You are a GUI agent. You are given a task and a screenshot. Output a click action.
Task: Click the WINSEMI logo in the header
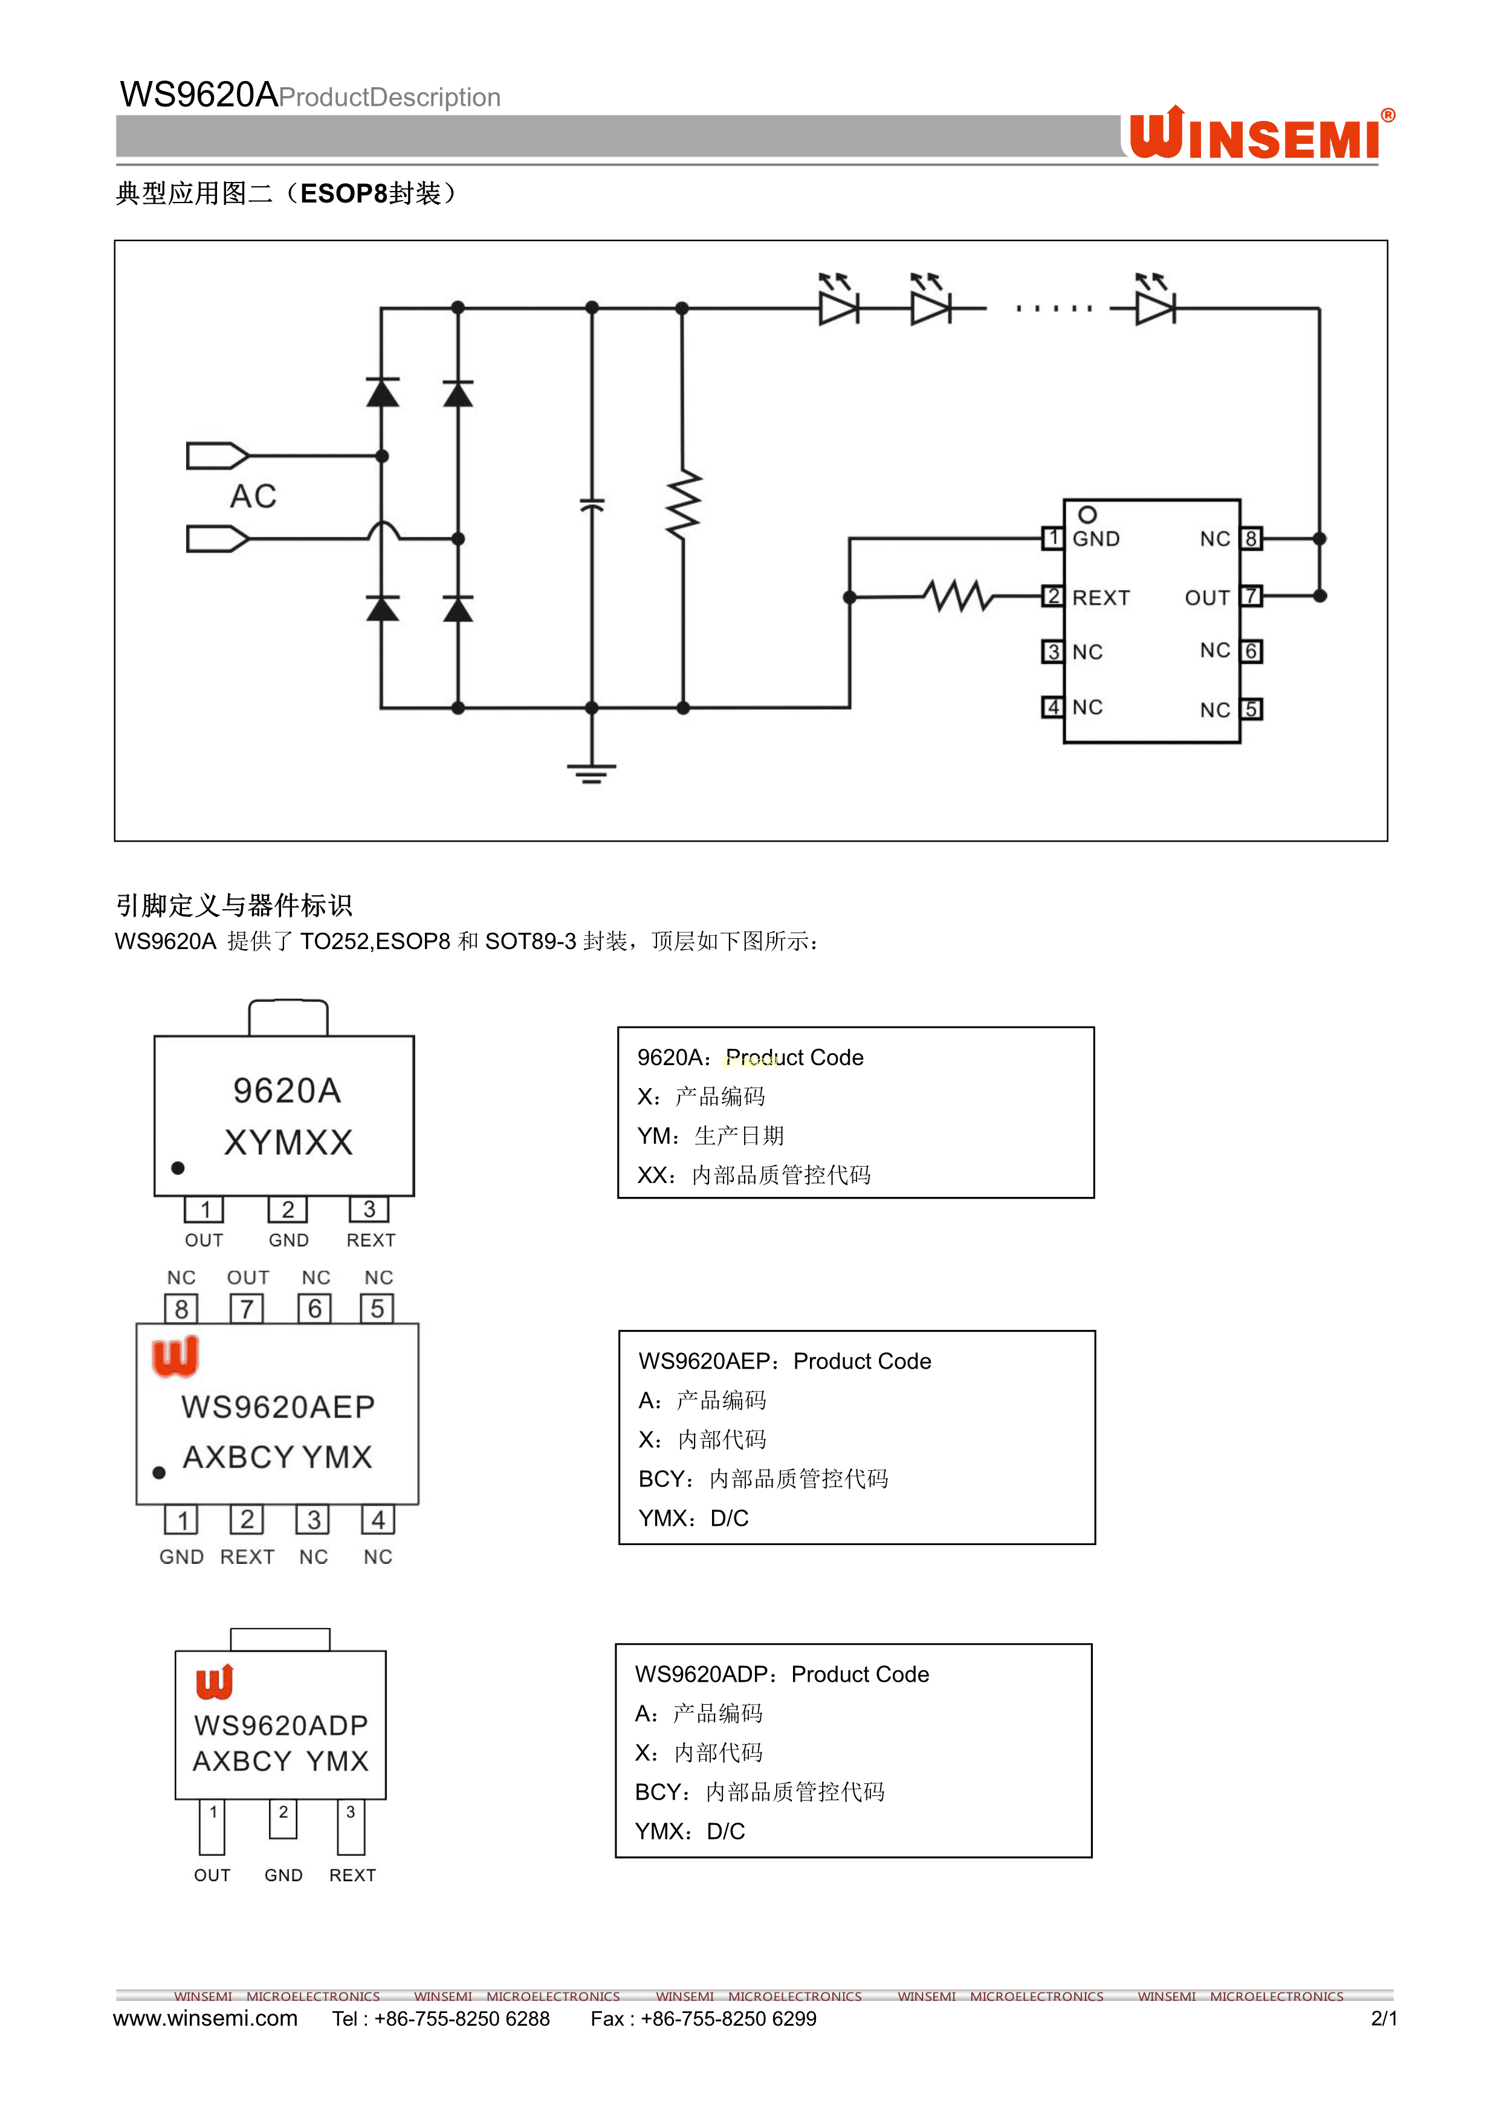[1259, 135]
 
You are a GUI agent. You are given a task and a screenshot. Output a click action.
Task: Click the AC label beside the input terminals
[253, 497]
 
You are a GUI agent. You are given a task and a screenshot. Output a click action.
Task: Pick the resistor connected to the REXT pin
[959, 597]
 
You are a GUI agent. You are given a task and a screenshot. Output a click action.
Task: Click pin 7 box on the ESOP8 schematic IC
[1251, 597]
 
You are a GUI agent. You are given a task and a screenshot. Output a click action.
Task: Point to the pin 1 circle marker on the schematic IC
[1087, 514]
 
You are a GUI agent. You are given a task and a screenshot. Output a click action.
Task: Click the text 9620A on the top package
[287, 1091]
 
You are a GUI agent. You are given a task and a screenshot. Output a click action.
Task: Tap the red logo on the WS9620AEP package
[175, 1357]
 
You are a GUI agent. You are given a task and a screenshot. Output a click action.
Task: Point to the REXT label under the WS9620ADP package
[352, 1875]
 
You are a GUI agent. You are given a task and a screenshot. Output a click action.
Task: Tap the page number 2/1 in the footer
[1383, 2018]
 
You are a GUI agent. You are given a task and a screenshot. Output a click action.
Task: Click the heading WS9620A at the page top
[198, 94]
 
